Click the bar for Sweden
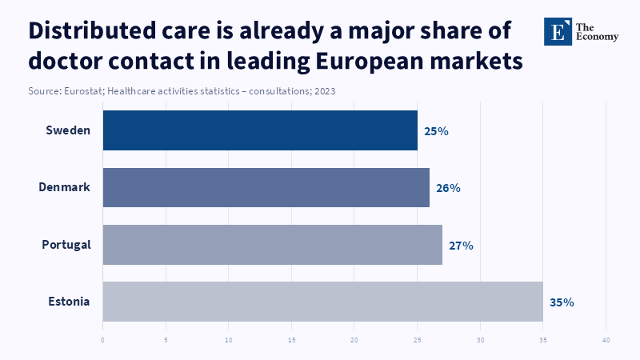[x=260, y=130]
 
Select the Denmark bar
[x=266, y=187]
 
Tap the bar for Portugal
[x=273, y=245]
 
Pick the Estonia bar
[x=323, y=302]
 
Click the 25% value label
[x=436, y=131]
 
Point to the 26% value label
[x=448, y=188]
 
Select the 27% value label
[x=461, y=246]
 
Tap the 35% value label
[x=562, y=302]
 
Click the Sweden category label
[x=68, y=130]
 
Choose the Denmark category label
[x=64, y=187]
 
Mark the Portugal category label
[x=66, y=245]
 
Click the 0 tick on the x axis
[x=103, y=340]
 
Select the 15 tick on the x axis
[x=292, y=340]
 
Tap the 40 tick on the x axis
[x=606, y=340]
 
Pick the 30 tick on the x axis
[x=481, y=340]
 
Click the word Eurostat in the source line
[x=82, y=91]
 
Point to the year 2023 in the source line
[x=324, y=91]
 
